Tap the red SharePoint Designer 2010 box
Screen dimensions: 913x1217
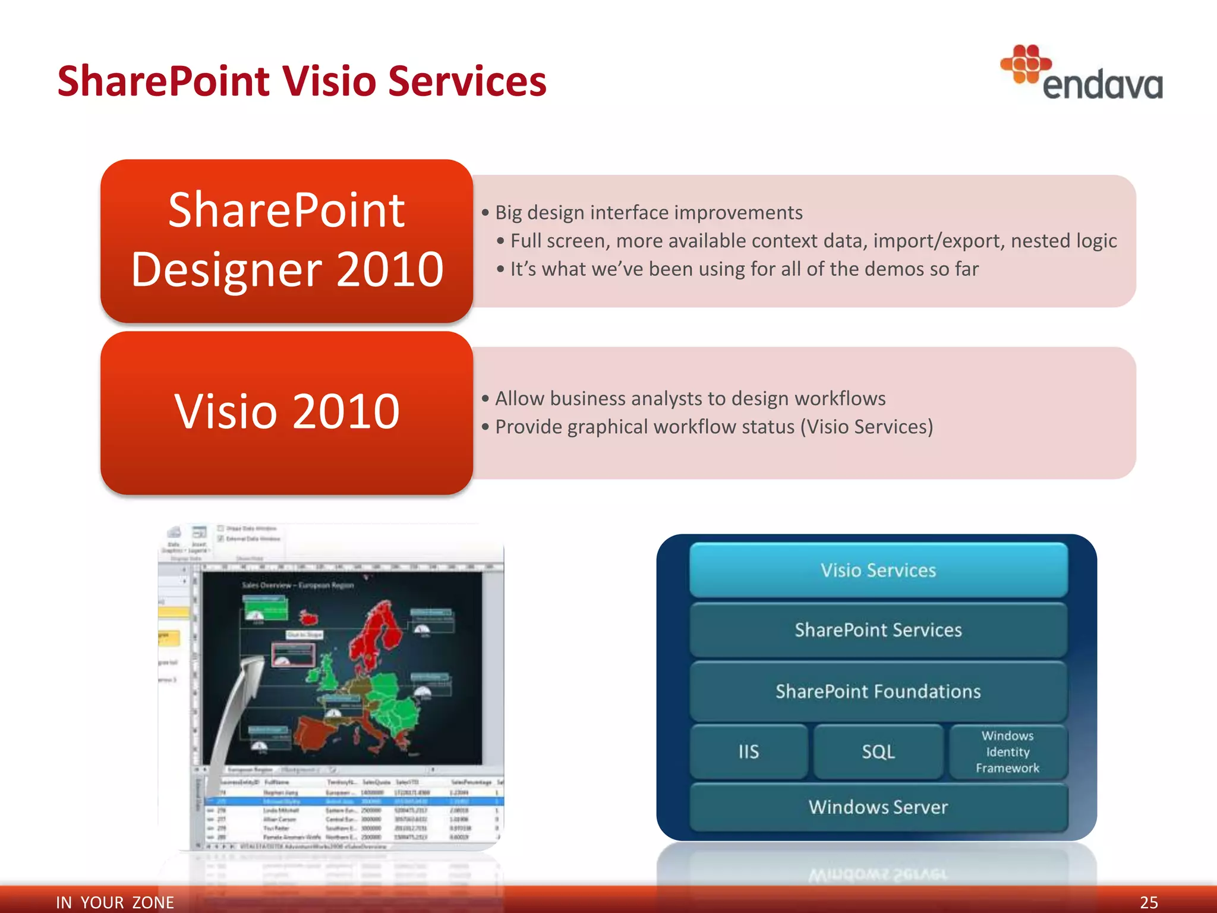click(286, 241)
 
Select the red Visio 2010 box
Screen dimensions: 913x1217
click(286, 413)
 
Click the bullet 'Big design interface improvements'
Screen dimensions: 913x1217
click(648, 213)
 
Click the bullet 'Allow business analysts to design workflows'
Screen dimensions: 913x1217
click(690, 399)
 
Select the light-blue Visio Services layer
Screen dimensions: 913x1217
click(878, 570)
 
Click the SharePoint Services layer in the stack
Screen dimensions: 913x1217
click(878, 630)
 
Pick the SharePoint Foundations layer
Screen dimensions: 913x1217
click(878, 691)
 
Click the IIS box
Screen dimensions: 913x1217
click(749, 752)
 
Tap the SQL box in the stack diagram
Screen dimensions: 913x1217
click(878, 752)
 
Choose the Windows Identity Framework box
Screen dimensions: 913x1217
click(1007, 752)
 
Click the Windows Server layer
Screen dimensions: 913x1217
click(878, 807)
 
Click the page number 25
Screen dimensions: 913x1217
click(1148, 902)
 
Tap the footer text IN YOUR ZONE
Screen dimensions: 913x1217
click(115, 902)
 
